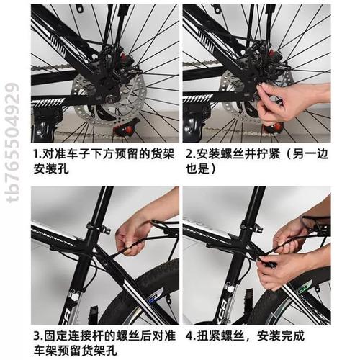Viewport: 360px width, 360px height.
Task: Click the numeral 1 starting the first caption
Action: point(36,154)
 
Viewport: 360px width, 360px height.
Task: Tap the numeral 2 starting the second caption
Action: point(189,154)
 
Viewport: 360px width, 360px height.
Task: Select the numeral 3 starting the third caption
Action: point(37,336)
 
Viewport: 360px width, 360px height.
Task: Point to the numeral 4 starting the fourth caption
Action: point(189,336)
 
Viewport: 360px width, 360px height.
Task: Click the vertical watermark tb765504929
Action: point(13,143)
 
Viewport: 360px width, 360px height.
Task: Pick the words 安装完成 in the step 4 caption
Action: point(281,336)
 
